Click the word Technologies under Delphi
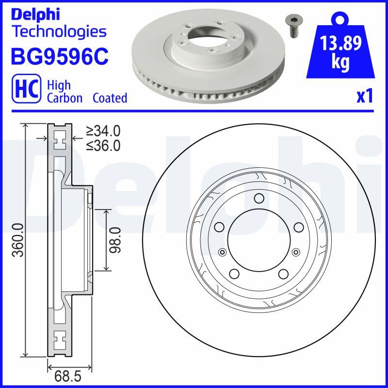pos(59,32)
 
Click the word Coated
pos(110,98)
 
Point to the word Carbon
pos(65,98)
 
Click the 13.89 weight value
pos(340,45)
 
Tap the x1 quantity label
pos(365,97)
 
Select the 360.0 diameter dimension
pos(18,240)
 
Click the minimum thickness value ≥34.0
pos(103,131)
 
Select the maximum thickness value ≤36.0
pos(103,145)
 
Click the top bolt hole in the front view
pos(259,198)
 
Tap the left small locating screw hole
pos(223,251)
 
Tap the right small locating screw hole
pos(295,251)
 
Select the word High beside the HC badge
pos(59,85)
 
